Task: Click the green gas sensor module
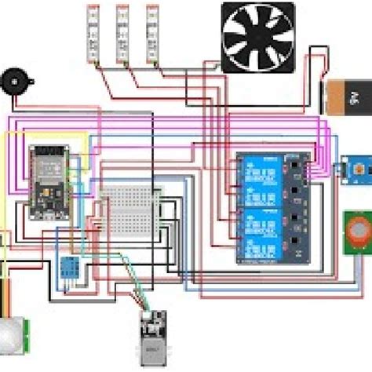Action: click(x=357, y=233)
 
